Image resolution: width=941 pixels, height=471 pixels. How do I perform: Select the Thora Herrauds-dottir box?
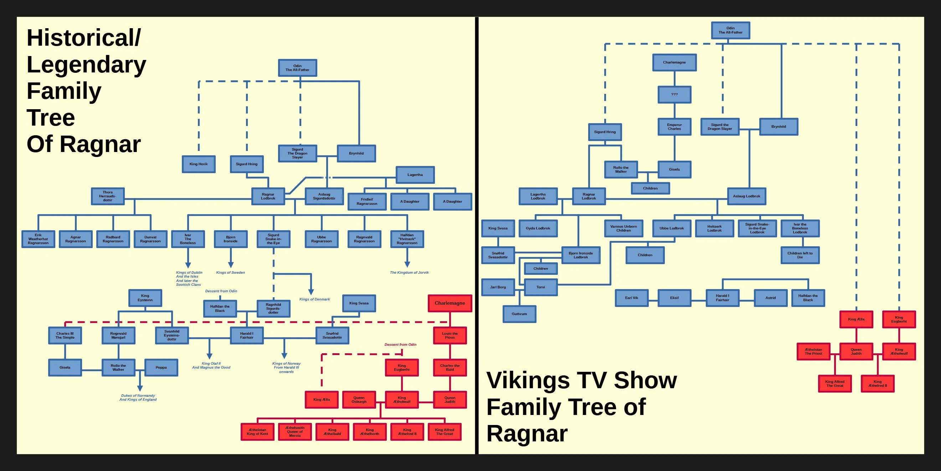(108, 196)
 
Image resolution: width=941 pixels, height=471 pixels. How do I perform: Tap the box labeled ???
(674, 95)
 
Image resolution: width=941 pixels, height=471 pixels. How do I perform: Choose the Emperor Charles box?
(674, 127)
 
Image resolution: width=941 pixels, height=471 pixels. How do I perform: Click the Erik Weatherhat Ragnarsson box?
(38, 239)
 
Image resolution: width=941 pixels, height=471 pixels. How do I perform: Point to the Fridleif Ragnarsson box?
(367, 202)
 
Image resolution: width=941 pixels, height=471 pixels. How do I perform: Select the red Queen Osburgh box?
(359, 400)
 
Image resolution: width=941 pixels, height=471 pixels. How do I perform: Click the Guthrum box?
(519, 314)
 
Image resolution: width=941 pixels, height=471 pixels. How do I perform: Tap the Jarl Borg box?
(498, 288)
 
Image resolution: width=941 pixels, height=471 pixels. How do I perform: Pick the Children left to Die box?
(800, 255)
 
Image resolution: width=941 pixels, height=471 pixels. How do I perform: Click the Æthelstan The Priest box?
(813, 351)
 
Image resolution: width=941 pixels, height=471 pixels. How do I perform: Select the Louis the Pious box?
(450, 336)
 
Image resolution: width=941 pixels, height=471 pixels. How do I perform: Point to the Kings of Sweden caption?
(231, 273)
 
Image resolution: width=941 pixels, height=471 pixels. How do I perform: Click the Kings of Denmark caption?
(314, 299)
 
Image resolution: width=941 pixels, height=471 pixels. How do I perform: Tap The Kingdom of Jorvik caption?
(409, 273)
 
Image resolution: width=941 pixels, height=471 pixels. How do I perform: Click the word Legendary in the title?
(86, 65)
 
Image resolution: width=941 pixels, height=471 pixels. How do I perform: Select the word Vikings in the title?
(528, 380)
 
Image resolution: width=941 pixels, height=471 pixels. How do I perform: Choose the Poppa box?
(161, 368)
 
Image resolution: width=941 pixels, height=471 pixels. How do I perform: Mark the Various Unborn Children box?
(623, 229)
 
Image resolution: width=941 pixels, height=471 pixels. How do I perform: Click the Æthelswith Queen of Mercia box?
(295, 432)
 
